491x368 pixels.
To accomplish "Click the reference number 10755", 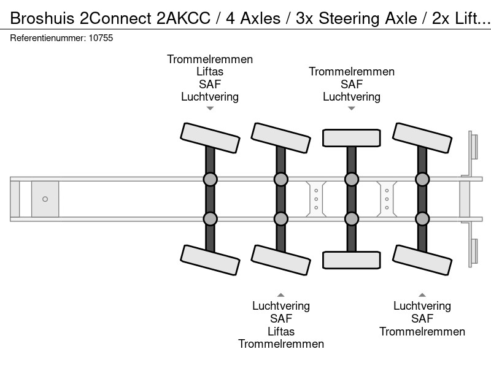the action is [101, 38].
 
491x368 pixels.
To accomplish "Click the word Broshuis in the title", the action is [42, 18].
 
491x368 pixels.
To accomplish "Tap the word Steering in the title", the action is [350, 18].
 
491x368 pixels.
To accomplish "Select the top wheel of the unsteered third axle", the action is [351, 137].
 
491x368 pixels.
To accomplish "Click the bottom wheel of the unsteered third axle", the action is [351, 260].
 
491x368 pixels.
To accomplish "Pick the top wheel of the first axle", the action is [210, 137].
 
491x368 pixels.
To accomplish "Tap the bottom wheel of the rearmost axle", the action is [422, 260].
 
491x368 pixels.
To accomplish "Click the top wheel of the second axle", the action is [281, 137].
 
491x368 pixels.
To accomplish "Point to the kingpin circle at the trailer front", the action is [45, 199].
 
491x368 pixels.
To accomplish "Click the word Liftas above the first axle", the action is [210, 72].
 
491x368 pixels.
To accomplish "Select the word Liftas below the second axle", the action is [281, 331].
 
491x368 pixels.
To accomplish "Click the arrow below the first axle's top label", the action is [210, 109].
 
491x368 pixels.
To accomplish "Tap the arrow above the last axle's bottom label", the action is [422, 295].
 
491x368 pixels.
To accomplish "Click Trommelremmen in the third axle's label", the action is [352, 72].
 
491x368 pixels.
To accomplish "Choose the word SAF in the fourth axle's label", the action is [422, 318].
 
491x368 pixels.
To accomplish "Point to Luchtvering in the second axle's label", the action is [281, 305].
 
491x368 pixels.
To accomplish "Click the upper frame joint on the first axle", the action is [210, 179].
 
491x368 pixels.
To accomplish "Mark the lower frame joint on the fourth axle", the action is [422, 219].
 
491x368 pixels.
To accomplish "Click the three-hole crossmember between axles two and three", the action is [316, 199].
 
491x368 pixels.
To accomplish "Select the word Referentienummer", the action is [48, 38].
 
